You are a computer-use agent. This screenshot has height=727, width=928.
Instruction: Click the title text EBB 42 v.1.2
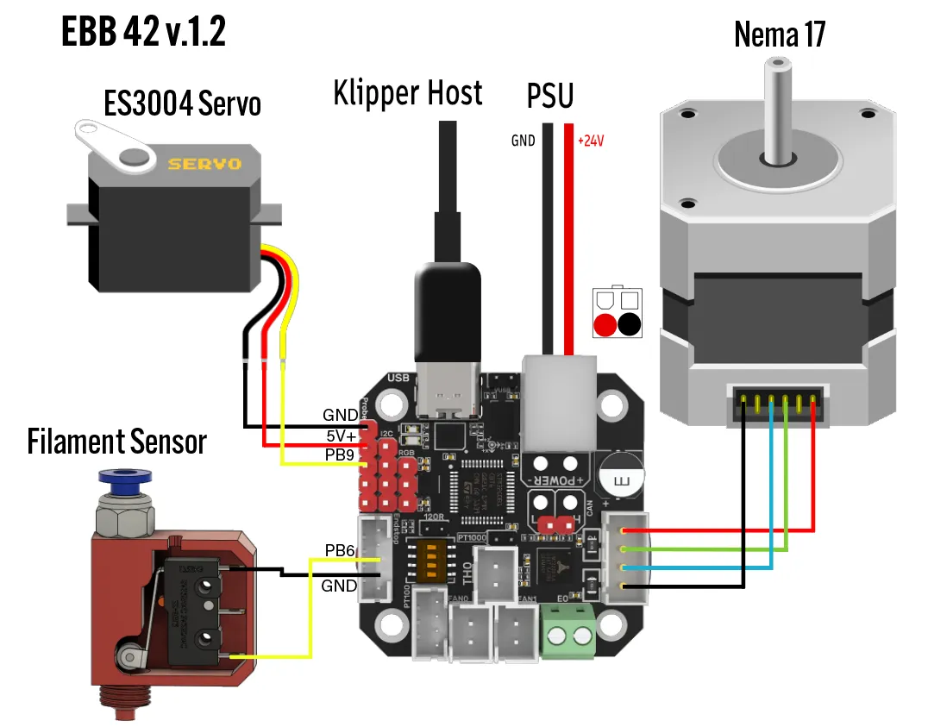[143, 32]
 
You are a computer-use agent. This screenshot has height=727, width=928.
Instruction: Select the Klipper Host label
[408, 92]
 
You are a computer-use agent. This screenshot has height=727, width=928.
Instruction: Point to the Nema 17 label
[780, 34]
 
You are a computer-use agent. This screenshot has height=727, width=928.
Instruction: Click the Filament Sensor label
[117, 442]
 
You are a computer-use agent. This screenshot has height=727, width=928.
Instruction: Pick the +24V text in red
[591, 140]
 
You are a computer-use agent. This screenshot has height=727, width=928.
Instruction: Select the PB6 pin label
[340, 550]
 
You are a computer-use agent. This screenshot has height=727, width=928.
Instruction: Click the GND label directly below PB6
[339, 586]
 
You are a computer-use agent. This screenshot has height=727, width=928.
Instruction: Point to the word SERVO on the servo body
[204, 164]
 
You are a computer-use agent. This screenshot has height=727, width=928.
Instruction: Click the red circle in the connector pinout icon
[606, 324]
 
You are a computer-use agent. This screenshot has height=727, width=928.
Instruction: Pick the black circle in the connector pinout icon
[630, 324]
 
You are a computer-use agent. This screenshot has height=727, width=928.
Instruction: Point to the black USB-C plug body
[448, 310]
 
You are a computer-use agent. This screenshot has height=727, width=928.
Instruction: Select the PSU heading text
[550, 97]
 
